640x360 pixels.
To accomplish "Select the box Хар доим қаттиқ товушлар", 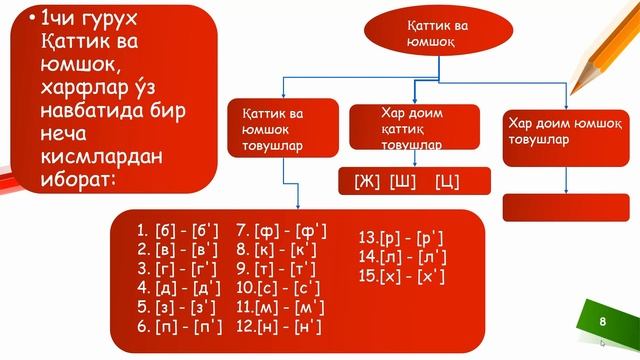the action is [414, 127].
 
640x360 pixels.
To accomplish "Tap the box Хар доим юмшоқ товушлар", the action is [566, 138].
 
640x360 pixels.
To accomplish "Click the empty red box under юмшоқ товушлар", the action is [566, 208].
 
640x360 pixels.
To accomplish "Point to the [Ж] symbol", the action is [367, 181].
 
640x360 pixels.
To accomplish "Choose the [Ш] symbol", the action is [402, 181].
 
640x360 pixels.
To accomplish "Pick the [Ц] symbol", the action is [447, 181].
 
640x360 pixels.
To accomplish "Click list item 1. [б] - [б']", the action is [178, 231].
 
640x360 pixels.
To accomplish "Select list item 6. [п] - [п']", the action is [180, 327].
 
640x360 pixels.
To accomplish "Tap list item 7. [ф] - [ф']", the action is [281, 231].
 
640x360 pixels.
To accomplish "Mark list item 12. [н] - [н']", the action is [279, 327].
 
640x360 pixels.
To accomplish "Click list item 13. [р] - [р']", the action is [401, 238].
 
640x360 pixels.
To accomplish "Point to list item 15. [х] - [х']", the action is [402, 276].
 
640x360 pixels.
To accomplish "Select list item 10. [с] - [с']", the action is [278, 288].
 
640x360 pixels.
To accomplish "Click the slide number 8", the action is [602, 322].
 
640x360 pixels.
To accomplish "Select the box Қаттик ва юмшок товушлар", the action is [283, 128].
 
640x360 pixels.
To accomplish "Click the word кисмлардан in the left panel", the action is [101, 156].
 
